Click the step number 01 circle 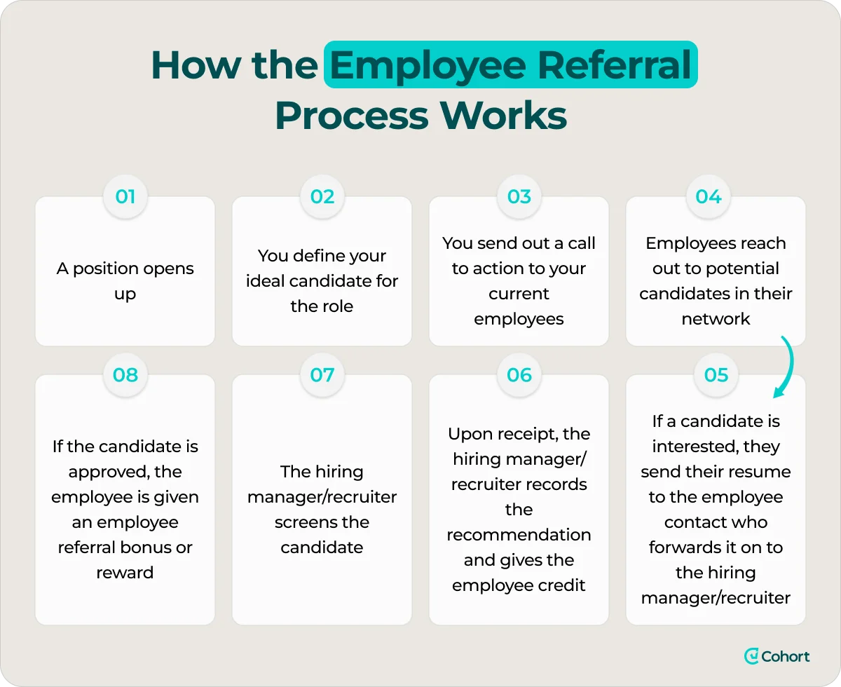125,196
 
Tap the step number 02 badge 322,196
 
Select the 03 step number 519,196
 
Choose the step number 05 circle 716,375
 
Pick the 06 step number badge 519,375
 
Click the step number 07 322,375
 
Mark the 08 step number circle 125,375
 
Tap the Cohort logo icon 752,656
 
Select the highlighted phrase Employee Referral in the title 510,64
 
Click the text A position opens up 125,281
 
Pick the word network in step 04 716,319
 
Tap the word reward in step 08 125,573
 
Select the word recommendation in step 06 519,535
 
